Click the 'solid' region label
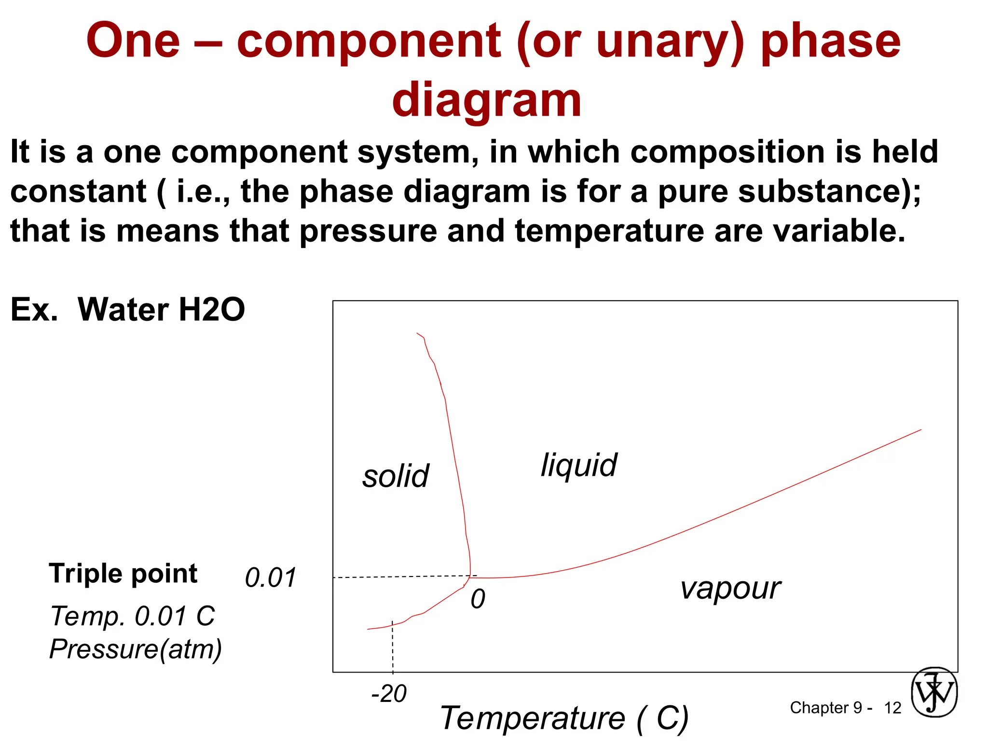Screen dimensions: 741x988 coord(396,476)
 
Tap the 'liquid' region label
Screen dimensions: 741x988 coord(578,466)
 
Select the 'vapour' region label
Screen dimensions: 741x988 coord(730,589)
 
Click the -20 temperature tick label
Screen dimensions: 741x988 coord(389,694)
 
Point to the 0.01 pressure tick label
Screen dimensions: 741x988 coord(270,577)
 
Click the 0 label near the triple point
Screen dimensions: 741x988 coord(478,599)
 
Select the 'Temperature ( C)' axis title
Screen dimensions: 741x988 coord(564,718)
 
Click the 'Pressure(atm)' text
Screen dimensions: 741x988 coord(136,649)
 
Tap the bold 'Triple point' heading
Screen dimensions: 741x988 coord(123,574)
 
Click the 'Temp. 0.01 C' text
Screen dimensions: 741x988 coord(133,616)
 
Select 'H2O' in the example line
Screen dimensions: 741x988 coord(211,309)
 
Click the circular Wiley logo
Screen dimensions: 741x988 coord(934,692)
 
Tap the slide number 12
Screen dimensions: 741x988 coord(892,708)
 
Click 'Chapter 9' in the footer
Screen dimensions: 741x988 coord(825,708)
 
